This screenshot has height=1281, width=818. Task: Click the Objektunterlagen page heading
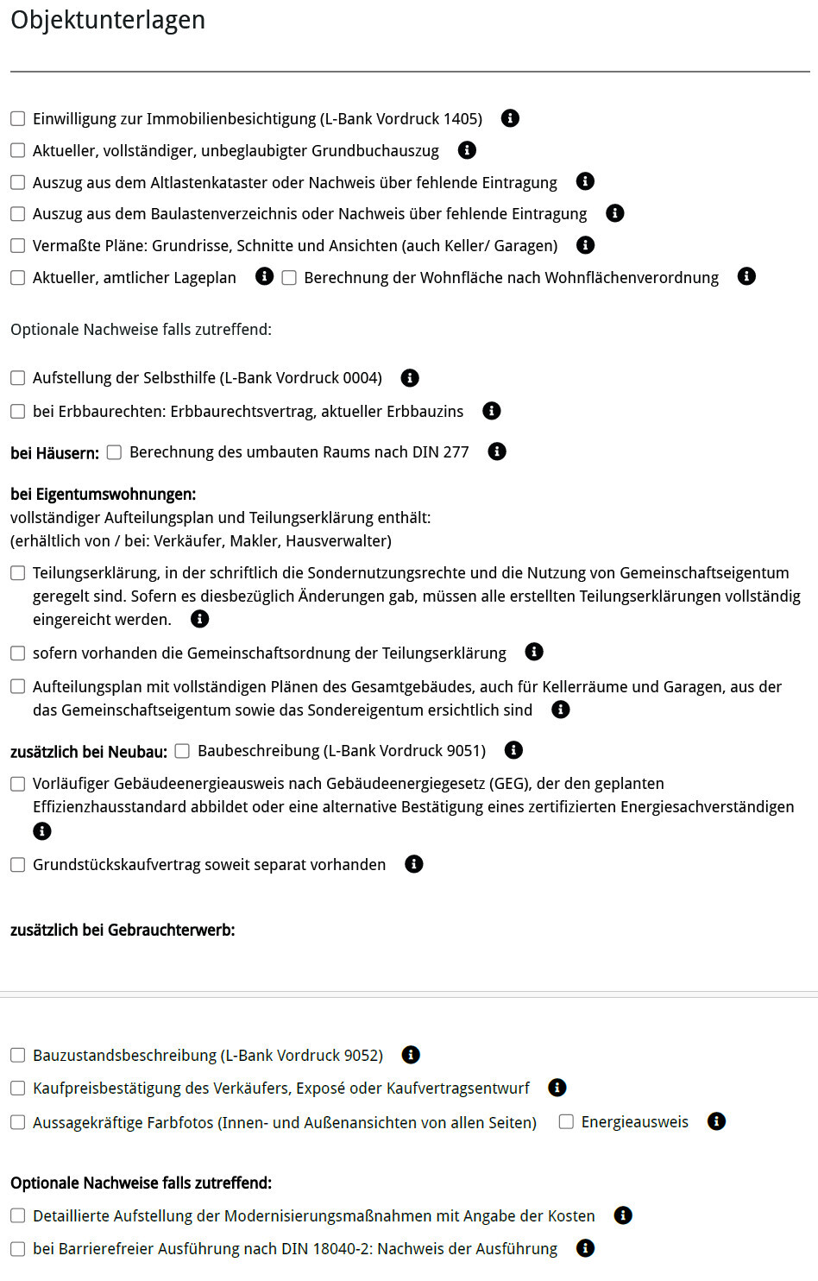[x=108, y=20]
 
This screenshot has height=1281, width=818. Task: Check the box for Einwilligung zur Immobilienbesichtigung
[x=17, y=118]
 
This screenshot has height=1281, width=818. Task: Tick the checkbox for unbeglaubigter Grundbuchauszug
[x=17, y=150]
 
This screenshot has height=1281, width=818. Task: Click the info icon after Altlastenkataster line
[x=585, y=181]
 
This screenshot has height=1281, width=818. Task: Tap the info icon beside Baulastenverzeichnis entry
[x=614, y=213]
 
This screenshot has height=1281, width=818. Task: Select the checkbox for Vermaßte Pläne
[x=17, y=245]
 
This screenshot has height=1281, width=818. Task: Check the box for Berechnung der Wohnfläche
[x=289, y=277]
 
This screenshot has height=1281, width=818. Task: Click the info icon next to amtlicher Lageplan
[x=264, y=276]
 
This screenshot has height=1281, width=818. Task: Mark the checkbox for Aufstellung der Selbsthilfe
[x=17, y=377]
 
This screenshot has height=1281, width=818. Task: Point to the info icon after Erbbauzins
[x=491, y=411]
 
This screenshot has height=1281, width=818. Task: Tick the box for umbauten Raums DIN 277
[x=114, y=452]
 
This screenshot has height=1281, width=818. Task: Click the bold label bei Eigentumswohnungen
[x=103, y=494]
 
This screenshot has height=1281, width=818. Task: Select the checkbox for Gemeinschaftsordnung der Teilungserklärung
[x=17, y=653]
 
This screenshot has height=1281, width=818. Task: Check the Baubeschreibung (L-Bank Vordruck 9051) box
[x=182, y=751]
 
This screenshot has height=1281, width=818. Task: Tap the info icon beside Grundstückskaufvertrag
[x=414, y=864]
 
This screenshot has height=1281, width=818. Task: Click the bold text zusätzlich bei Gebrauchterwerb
[x=123, y=930]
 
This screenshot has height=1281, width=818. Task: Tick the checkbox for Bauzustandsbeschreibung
[x=17, y=1055]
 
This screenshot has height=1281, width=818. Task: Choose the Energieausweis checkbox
[x=566, y=1121]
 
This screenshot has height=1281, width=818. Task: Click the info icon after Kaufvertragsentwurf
[x=557, y=1088]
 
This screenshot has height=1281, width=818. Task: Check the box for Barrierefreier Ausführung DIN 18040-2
[x=17, y=1248]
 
